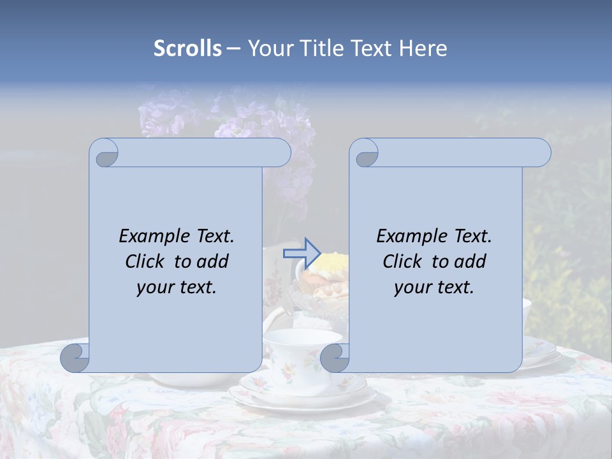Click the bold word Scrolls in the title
click(187, 48)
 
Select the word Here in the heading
click(423, 48)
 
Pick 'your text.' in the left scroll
click(177, 288)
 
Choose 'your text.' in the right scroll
click(434, 288)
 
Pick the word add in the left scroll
click(213, 261)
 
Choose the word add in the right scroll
click(470, 261)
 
